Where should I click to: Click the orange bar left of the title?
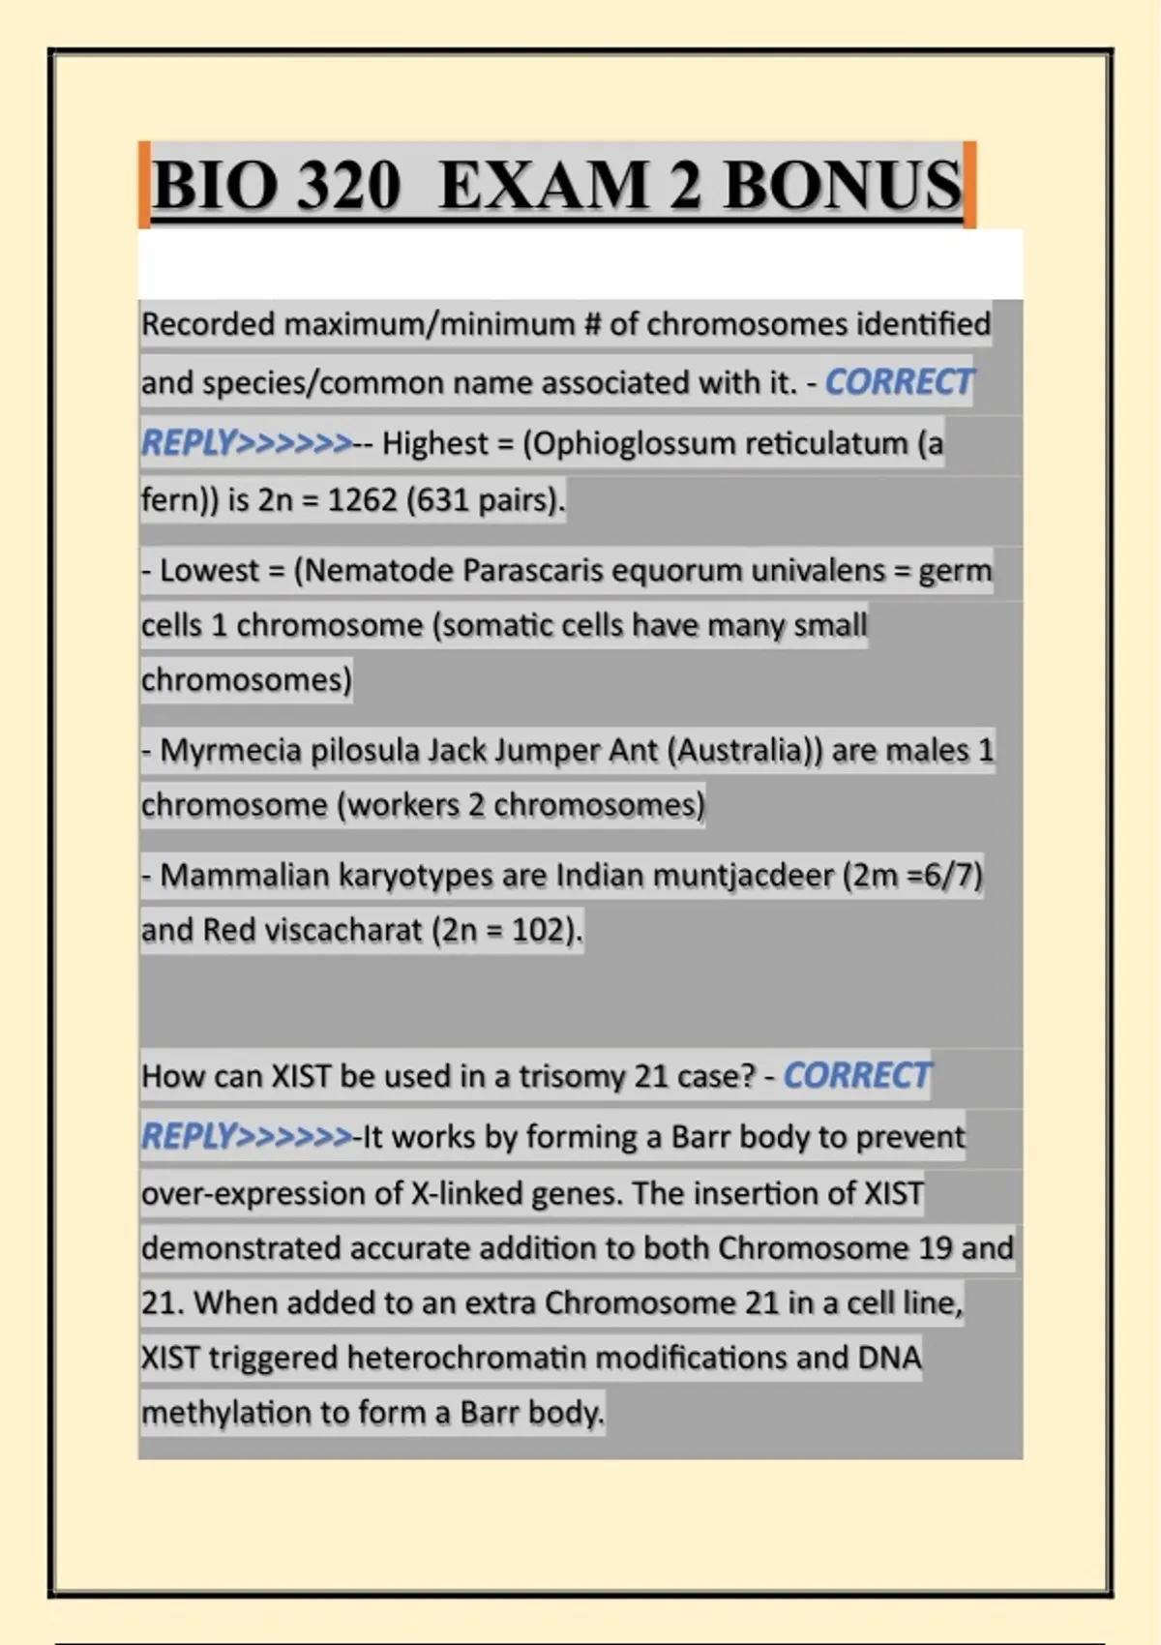coord(143,184)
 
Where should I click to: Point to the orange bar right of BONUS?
coord(970,184)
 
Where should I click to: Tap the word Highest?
coord(435,443)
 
